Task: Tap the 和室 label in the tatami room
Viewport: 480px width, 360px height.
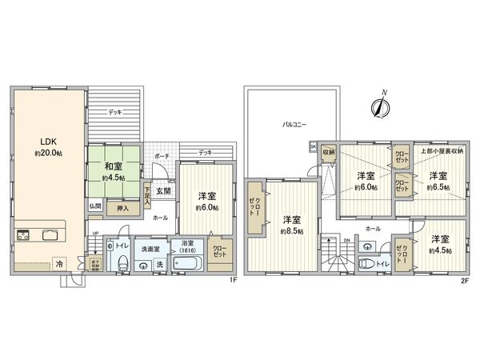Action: tap(113, 167)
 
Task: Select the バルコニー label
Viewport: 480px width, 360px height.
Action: tap(293, 125)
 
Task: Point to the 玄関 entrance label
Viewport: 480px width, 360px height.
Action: tap(163, 190)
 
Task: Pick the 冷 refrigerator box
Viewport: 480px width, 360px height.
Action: tap(58, 262)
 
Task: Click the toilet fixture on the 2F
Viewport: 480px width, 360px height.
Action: tap(367, 262)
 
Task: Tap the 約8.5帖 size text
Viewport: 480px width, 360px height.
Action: tap(290, 231)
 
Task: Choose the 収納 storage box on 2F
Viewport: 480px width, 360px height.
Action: tap(329, 151)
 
